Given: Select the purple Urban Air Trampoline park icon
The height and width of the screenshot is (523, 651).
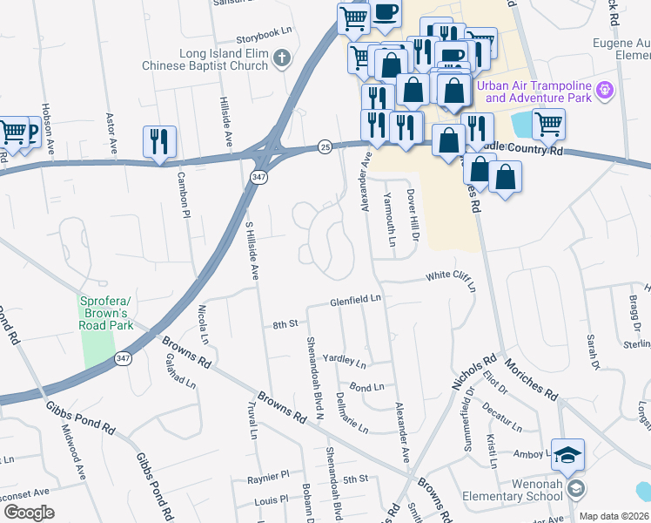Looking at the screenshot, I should point(607,90).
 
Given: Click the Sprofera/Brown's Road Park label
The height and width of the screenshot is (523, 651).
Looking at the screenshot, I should point(105,313).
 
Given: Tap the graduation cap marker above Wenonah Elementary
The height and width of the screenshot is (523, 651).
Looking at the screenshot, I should point(567,455).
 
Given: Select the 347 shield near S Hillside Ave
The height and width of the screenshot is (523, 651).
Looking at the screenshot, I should point(259,177).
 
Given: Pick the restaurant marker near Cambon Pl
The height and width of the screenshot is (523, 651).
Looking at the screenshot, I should point(159,141).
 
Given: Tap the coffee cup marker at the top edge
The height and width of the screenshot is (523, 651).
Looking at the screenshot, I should point(386,14).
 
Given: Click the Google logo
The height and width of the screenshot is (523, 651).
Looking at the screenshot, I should point(29,513).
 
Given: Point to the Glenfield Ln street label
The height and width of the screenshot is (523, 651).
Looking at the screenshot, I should point(356,301).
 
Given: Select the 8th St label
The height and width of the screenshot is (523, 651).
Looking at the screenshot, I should point(285,324).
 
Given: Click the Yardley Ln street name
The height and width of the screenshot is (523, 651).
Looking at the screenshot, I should point(345,359).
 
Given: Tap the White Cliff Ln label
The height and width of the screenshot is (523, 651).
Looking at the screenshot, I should point(451,279).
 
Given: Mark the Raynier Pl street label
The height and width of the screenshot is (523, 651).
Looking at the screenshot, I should point(267,477).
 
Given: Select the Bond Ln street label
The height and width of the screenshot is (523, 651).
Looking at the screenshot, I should point(366,387).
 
